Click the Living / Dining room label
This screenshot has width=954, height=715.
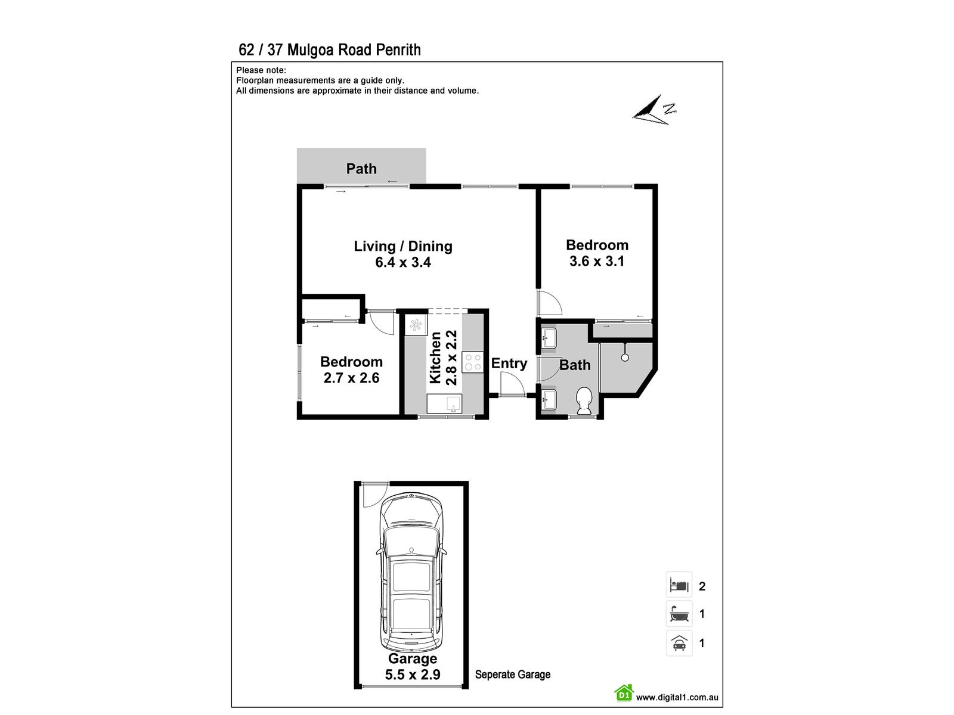coord(403,246)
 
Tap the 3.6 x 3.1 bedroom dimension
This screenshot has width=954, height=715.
coord(597,261)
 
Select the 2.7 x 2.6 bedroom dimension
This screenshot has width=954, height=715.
coord(351,378)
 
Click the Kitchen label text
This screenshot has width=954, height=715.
coord(436,357)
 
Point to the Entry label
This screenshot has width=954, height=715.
coord(509,363)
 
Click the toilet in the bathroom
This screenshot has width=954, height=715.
coord(584,401)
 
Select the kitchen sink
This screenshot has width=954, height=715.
coord(444,403)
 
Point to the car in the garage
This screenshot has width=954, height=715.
coord(411,572)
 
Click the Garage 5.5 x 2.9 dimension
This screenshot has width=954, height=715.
coord(413,674)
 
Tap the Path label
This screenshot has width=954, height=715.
coord(361,169)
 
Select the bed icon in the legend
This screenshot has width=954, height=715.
coord(679,585)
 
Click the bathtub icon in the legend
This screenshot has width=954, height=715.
coord(679,613)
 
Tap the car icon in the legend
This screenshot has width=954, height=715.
coord(679,643)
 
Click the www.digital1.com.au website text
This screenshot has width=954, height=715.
coord(677,697)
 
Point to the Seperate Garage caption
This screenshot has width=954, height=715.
coord(513,674)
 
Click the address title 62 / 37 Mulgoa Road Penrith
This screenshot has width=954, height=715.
coord(330,50)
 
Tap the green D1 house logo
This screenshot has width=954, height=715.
coord(624,693)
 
